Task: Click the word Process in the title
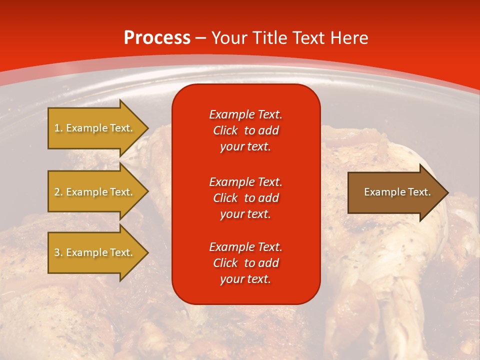pyautogui.click(x=157, y=38)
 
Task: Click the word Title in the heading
pyautogui.click(x=270, y=38)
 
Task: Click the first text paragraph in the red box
pyautogui.click(x=245, y=130)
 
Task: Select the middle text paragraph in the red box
pyautogui.click(x=245, y=198)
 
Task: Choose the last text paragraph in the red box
pyautogui.click(x=245, y=263)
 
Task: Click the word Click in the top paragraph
pyautogui.click(x=225, y=131)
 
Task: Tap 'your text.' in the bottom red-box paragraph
pyautogui.click(x=245, y=279)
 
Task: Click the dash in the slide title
pyautogui.click(x=200, y=38)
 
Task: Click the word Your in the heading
pyautogui.click(x=229, y=38)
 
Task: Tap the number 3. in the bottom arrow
pyautogui.click(x=58, y=252)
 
